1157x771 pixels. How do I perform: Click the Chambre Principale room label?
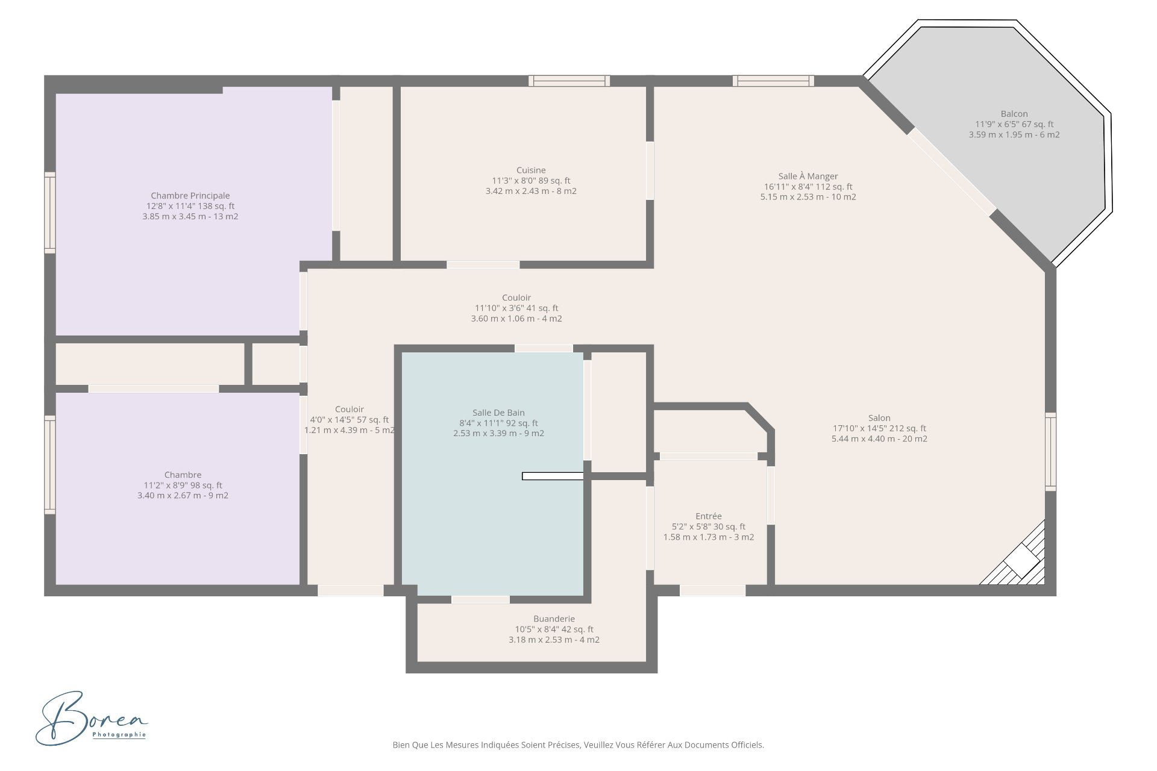click(190, 196)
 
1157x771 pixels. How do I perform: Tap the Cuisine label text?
click(531, 170)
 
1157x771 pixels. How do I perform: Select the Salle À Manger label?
click(808, 176)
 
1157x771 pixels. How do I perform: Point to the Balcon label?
click(1014, 114)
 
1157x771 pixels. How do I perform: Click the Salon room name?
click(879, 418)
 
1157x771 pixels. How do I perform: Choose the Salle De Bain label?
click(498, 413)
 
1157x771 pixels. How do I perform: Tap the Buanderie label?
click(554, 619)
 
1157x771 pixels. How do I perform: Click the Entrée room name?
click(709, 516)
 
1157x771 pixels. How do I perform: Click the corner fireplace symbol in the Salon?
click(1018, 557)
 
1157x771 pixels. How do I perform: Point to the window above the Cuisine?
click(569, 81)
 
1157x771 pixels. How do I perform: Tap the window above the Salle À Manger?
click(773, 81)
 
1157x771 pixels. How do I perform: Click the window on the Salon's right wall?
click(1050, 452)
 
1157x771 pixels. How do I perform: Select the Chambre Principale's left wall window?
click(50, 213)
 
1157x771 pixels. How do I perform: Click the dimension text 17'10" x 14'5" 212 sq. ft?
click(879, 428)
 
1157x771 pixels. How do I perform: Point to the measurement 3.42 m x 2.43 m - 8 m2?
click(531, 191)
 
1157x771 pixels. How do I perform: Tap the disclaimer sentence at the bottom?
click(578, 745)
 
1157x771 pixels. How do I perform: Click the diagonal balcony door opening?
click(952, 171)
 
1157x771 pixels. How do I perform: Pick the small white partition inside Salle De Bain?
click(553, 476)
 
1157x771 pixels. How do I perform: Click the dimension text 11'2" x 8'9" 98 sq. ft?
click(183, 485)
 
